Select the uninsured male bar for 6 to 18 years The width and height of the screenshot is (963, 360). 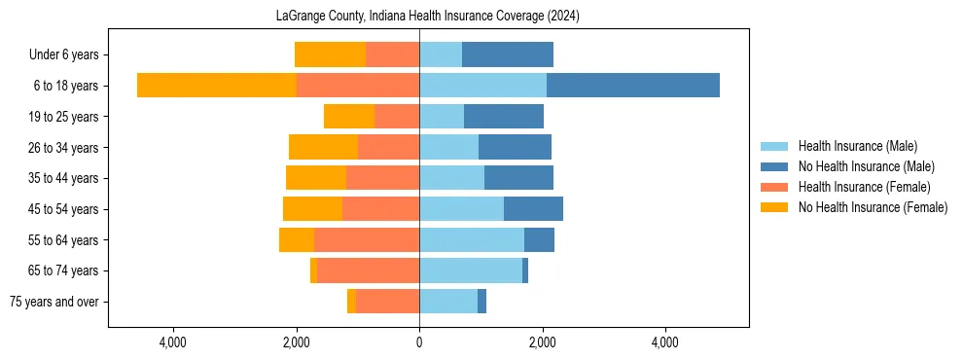point(632,85)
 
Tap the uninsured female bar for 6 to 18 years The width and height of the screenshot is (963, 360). point(216,85)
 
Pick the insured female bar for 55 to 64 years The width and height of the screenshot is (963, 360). point(367,239)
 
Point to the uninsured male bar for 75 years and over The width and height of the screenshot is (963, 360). point(481,302)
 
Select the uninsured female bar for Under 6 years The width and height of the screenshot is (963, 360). point(330,54)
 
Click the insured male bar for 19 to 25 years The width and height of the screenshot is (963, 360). point(442,117)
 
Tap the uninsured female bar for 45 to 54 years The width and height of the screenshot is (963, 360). point(312,208)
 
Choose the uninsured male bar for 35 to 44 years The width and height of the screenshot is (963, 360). point(518,178)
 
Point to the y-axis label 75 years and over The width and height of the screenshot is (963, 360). point(53,302)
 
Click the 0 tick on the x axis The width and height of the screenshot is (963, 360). point(419,343)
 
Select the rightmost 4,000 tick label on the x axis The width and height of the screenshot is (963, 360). point(665,343)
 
